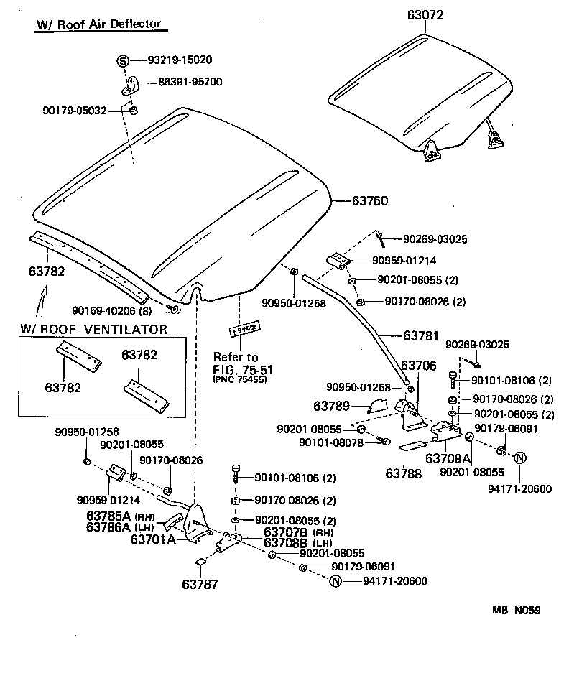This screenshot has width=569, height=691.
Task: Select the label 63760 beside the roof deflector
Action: (370, 201)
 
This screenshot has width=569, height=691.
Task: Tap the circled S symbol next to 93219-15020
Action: (122, 60)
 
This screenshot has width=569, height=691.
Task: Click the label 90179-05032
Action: (74, 111)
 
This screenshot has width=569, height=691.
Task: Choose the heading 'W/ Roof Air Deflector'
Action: (99, 24)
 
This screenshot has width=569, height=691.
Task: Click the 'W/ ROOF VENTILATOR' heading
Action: (93, 330)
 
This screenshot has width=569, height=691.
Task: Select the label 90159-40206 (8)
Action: (113, 310)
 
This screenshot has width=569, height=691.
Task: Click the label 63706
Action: (418, 366)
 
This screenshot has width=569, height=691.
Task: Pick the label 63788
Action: (404, 473)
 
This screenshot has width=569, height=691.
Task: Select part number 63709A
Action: (448, 458)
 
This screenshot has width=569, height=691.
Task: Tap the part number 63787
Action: (200, 585)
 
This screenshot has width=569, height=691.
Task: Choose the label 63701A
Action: (152, 538)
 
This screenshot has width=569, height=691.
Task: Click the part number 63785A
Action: (110, 516)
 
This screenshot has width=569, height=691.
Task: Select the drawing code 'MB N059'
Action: (517, 611)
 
